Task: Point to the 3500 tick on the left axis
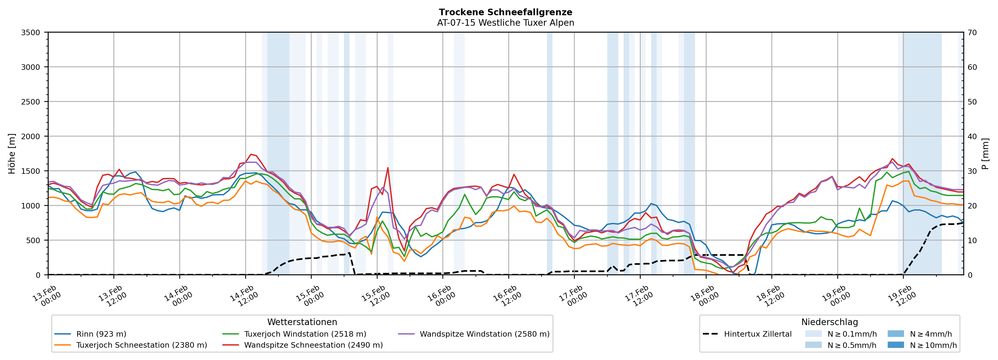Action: click(x=31, y=33)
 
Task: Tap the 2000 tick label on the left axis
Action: click(x=31, y=136)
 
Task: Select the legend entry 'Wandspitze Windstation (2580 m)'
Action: click(x=484, y=334)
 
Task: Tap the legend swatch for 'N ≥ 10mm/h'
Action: click(x=895, y=345)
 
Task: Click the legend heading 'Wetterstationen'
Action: click(x=302, y=322)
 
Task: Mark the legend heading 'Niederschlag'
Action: click(x=829, y=322)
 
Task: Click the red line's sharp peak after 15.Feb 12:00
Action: click(x=388, y=168)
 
